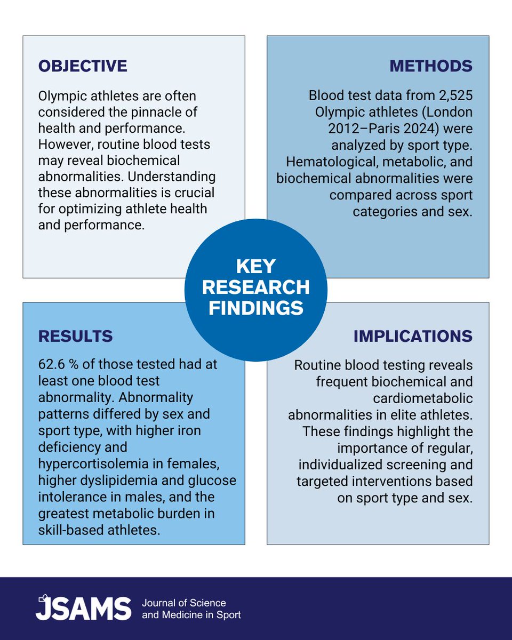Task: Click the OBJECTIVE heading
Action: (83, 66)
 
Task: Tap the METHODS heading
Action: (431, 66)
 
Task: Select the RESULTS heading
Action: (75, 336)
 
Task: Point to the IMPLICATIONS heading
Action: (413, 336)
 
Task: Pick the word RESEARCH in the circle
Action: (256, 287)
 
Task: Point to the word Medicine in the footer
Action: (181, 615)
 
